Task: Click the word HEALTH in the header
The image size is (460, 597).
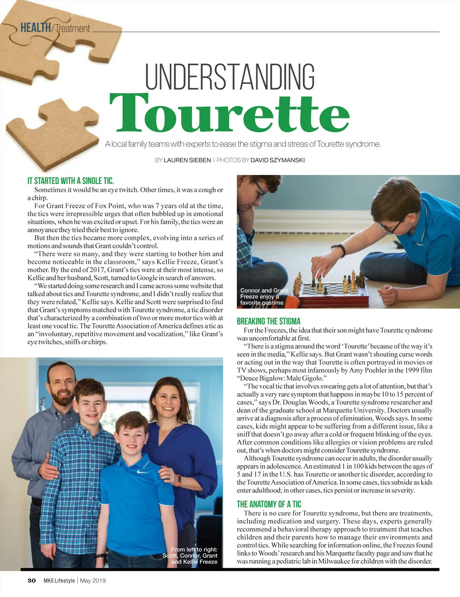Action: point(35,28)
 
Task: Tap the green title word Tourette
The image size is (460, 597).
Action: point(229,113)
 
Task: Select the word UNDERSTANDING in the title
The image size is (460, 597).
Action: point(230,77)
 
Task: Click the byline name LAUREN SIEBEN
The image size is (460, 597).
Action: point(187,160)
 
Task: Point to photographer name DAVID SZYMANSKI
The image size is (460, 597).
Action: point(278,160)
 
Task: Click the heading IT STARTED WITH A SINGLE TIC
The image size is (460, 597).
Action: point(71,181)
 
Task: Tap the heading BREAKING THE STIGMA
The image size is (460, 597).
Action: point(268,321)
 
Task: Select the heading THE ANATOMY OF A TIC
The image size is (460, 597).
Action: point(269,504)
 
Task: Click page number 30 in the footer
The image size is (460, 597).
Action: point(31,580)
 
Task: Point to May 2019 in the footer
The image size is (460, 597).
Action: point(92,580)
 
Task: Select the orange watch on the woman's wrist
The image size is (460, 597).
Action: point(178,480)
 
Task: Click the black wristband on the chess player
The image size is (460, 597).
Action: point(338,250)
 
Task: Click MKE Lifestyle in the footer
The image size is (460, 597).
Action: point(59,580)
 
